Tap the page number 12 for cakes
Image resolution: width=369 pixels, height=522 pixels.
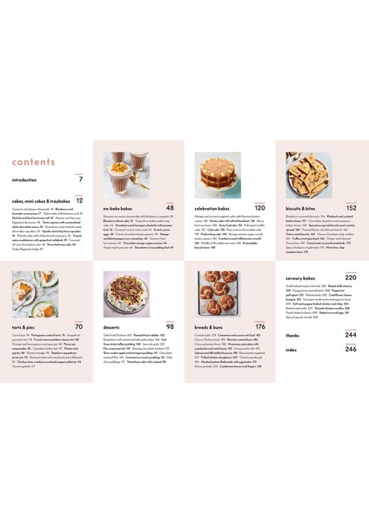click(78, 201)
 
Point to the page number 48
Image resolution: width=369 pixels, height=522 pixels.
click(171, 209)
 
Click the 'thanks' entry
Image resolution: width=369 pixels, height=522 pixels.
click(293, 335)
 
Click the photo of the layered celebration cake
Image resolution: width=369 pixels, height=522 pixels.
click(230, 177)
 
